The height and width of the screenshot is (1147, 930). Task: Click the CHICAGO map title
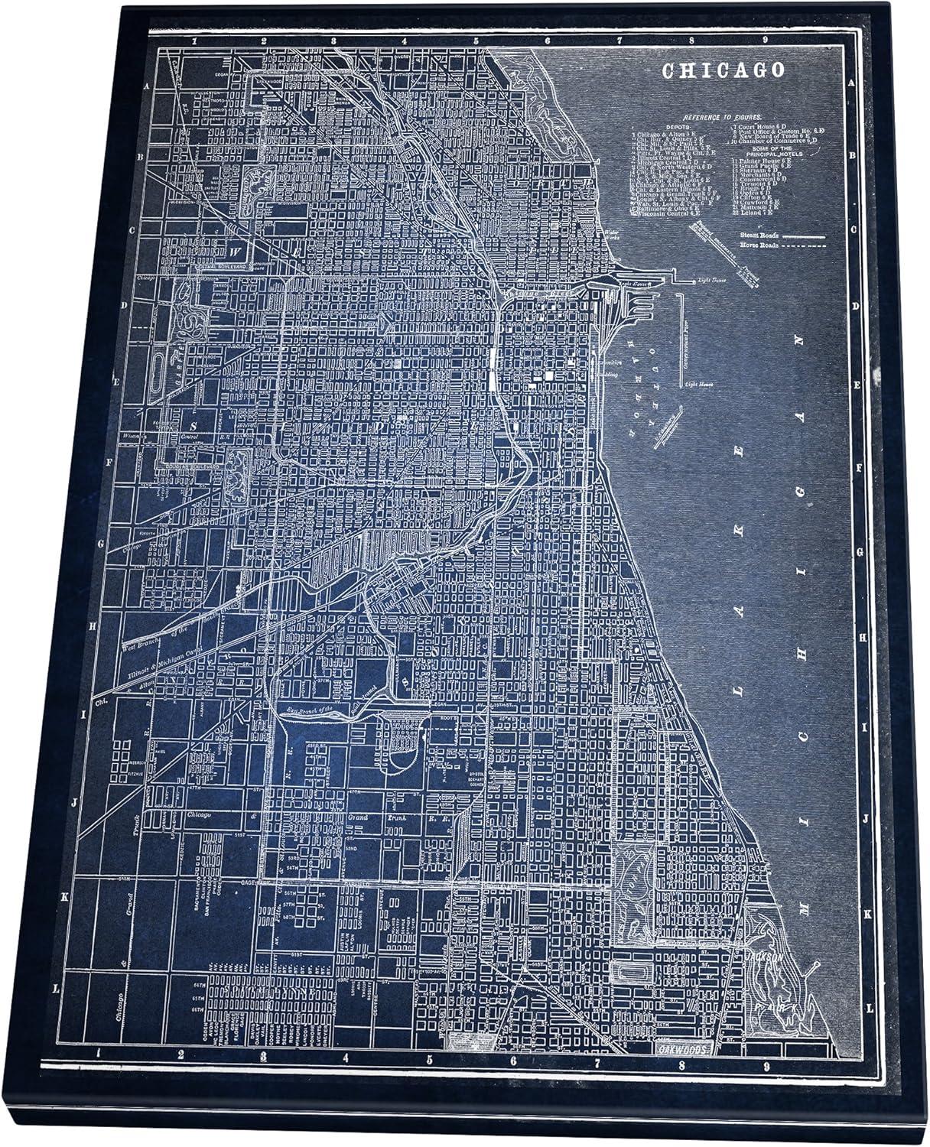click(724, 70)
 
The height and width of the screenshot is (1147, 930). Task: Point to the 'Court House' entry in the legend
click(753, 125)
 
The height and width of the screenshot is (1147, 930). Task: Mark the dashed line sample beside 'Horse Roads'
click(802, 248)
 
